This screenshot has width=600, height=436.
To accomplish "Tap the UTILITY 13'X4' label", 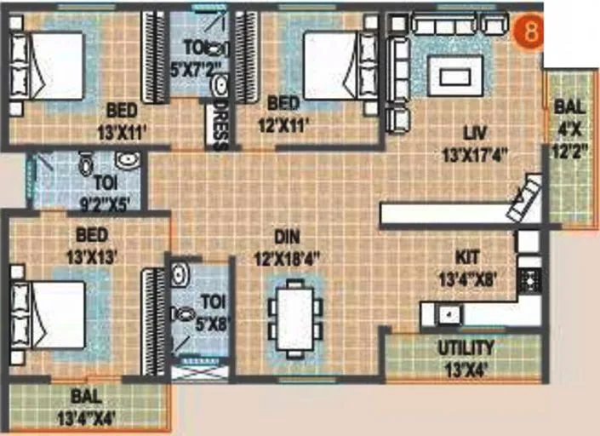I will click(x=465, y=355).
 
